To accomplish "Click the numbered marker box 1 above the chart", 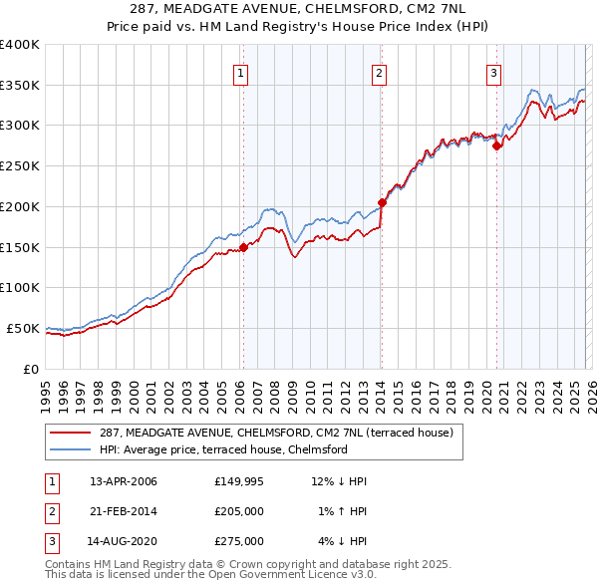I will click(241, 71).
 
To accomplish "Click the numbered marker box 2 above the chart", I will click(380, 71).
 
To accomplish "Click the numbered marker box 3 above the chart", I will click(493, 71).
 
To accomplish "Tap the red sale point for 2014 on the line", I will click(382, 202).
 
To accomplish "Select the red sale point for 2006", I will click(243, 248).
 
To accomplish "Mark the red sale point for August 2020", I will click(496, 146).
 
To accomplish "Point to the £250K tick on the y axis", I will click(19, 166).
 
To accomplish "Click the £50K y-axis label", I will click(23, 328).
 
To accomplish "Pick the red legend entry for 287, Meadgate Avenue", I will click(276, 433).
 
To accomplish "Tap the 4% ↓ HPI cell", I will click(344, 542).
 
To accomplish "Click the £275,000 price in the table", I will click(239, 542).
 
